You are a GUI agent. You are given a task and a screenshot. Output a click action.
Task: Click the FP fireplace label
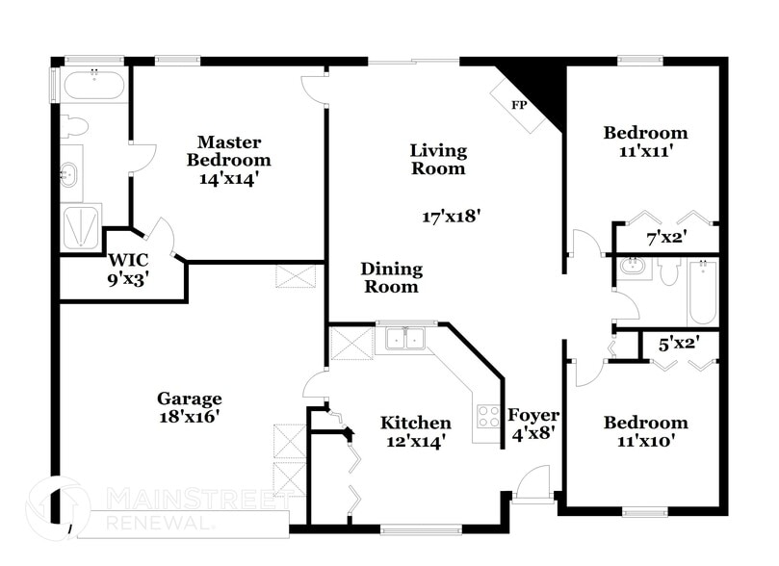[518, 104]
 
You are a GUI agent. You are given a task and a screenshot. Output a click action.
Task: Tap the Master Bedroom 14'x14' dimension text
[228, 178]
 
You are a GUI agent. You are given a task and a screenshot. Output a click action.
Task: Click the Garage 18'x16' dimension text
[190, 417]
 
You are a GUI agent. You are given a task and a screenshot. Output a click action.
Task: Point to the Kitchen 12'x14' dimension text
[415, 442]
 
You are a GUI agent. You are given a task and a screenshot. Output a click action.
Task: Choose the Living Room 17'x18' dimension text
[452, 217]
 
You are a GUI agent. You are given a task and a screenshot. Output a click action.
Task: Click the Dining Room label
[390, 277]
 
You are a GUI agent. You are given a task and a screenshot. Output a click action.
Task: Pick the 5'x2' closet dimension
[677, 341]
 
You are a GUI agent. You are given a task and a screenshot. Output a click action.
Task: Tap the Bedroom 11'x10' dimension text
[645, 442]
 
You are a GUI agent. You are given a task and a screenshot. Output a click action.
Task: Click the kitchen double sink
[405, 339]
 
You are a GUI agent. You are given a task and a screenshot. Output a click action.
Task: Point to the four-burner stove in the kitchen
[487, 416]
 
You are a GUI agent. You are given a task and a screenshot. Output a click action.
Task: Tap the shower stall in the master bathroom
[81, 227]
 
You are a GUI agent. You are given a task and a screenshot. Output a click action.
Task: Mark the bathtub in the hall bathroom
[702, 292]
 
